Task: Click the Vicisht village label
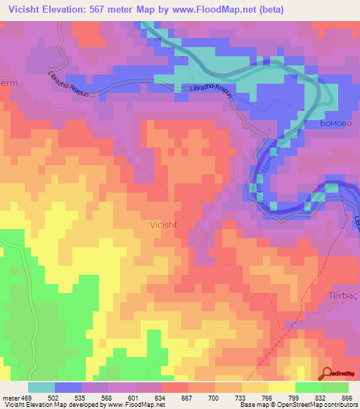point(169,225)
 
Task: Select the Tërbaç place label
point(343,295)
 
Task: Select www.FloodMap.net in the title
point(244,10)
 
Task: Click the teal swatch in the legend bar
point(41,387)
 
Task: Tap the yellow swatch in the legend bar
point(282,387)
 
